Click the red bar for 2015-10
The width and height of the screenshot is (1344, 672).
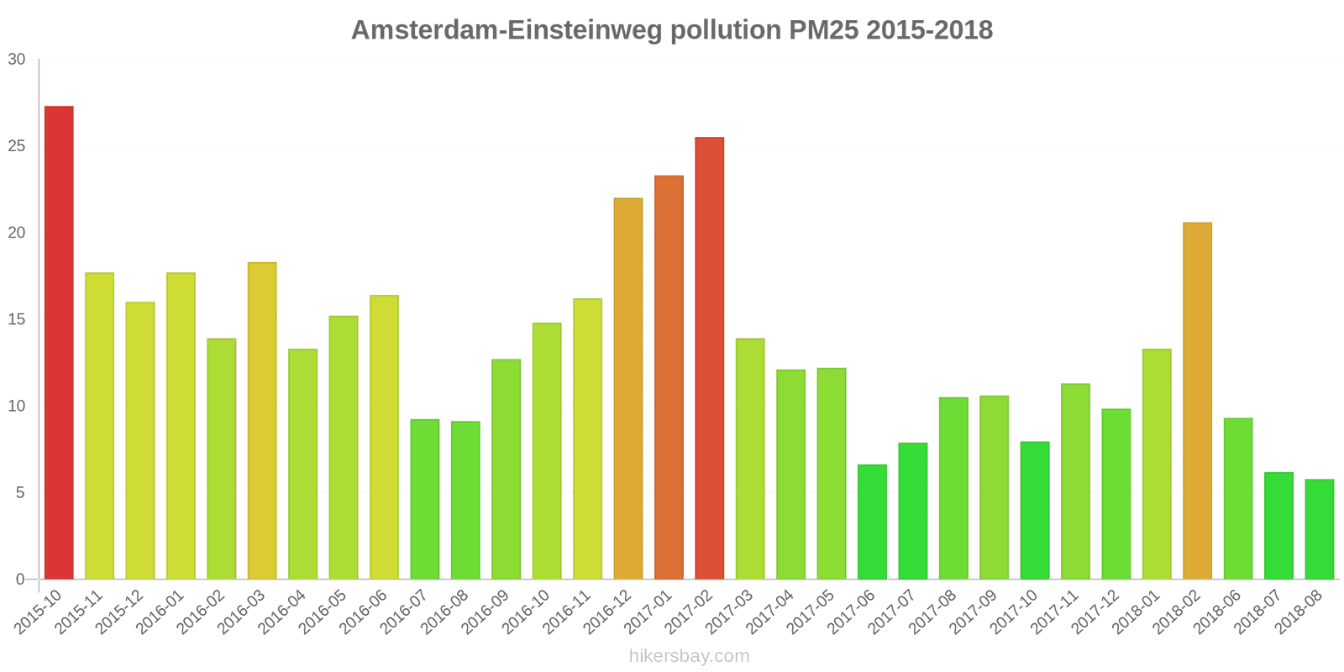click(59, 343)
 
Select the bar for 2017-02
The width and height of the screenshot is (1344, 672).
click(710, 358)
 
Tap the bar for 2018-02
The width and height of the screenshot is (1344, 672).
click(1197, 401)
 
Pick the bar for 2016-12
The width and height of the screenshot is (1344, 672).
click(628, 388)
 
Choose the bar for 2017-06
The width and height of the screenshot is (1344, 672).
click(872, 522)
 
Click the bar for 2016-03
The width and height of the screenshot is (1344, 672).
click(262, 421)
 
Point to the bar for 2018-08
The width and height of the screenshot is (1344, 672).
click(1319, 529)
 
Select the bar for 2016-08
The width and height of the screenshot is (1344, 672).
click(465, 500)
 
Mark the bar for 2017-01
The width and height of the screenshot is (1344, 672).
click(669, 377)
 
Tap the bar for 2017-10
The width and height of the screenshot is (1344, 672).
click(1035, 510)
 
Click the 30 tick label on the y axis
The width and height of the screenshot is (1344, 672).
click(17, 60)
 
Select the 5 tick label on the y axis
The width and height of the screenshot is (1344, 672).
click(20, 493)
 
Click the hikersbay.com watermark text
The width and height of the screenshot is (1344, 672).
click(689, 656)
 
